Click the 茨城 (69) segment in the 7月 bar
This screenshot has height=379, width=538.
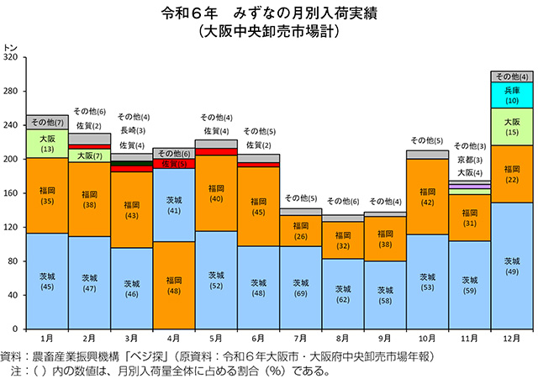(x=301, y=287)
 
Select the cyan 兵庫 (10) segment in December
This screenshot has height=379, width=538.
(x=512, y=94)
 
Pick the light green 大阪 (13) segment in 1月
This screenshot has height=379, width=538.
(x=47, y=144)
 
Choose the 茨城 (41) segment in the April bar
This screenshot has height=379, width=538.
(x=174, y=206)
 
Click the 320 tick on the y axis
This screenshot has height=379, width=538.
(x=10, y=58)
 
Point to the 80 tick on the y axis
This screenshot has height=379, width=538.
(x=13, y=261)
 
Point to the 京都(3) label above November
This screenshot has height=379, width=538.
(x=470, y=159)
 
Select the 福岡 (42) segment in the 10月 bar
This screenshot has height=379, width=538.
(x=428, y=197)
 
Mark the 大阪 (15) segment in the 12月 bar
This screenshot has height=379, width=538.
(x=512, y=127)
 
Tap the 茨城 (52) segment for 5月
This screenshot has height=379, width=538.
(x=216, y=280)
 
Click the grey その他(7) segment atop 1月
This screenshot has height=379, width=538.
(x=47, y=123)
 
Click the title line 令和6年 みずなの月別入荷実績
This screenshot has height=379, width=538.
(x=269, y=14)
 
